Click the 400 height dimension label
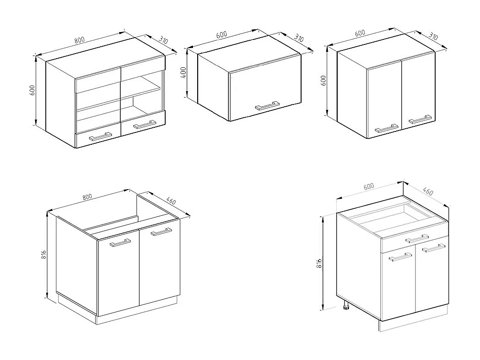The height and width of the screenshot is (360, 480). [183, 73]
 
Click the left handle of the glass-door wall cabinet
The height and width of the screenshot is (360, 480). [100, 136]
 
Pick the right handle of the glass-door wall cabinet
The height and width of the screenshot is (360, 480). [143, 124]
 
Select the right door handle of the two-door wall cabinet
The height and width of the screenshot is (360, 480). [421, 120]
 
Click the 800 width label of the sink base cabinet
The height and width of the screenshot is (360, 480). [87, 196]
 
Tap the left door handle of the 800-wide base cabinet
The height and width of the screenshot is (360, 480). [120, 243]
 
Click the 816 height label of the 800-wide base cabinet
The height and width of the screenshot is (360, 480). [43, 255]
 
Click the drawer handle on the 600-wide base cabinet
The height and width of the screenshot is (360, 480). [417, 238]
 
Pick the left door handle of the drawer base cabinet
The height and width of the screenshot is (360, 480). [400, 258]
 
